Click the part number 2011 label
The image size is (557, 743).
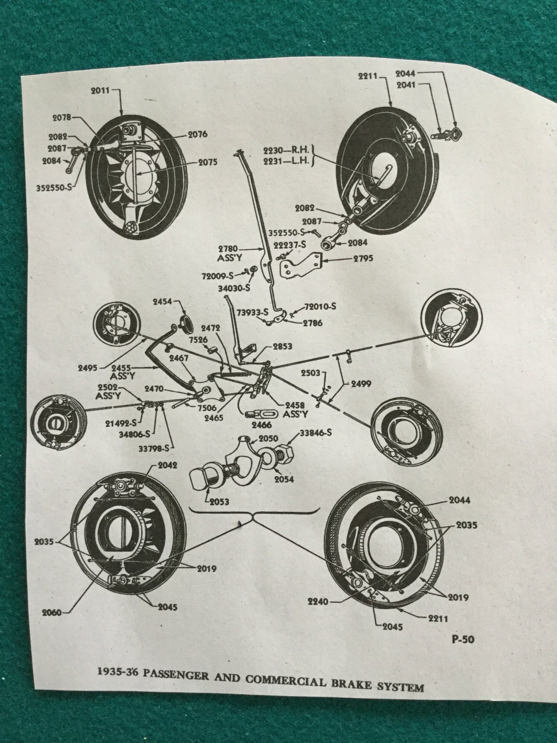click(x=100, y=91)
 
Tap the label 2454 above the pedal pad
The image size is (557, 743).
click(x=163, y=302)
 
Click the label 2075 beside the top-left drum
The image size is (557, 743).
click(x=207, y=162)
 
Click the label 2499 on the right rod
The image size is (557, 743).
click(x=361, y=384)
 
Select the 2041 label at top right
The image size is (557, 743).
click(x=406, y=86)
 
